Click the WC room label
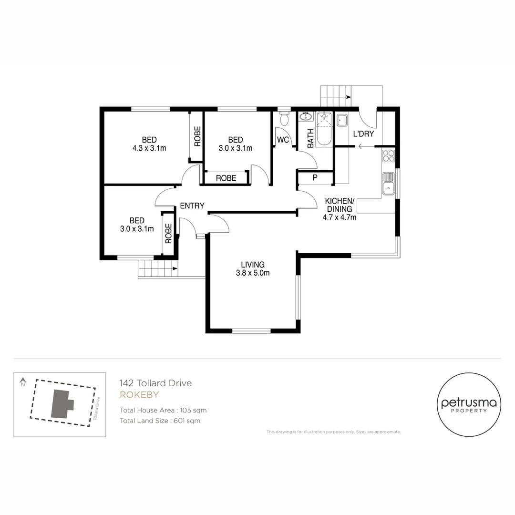(283, 140)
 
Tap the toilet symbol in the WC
(284, 119)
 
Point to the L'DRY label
(363, 134)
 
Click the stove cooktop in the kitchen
(388, 155)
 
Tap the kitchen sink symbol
(388, 184)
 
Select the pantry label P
(315, 178)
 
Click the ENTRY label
(192, 206)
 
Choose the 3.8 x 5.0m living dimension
(253, 273)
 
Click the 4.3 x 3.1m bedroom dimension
(149, 148)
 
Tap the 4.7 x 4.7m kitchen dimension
(339, 217)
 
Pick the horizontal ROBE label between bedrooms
(226, 178)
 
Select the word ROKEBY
(139, 395)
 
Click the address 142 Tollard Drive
(155, 383)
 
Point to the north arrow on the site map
(22, 382)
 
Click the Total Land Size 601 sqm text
(160, 421)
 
